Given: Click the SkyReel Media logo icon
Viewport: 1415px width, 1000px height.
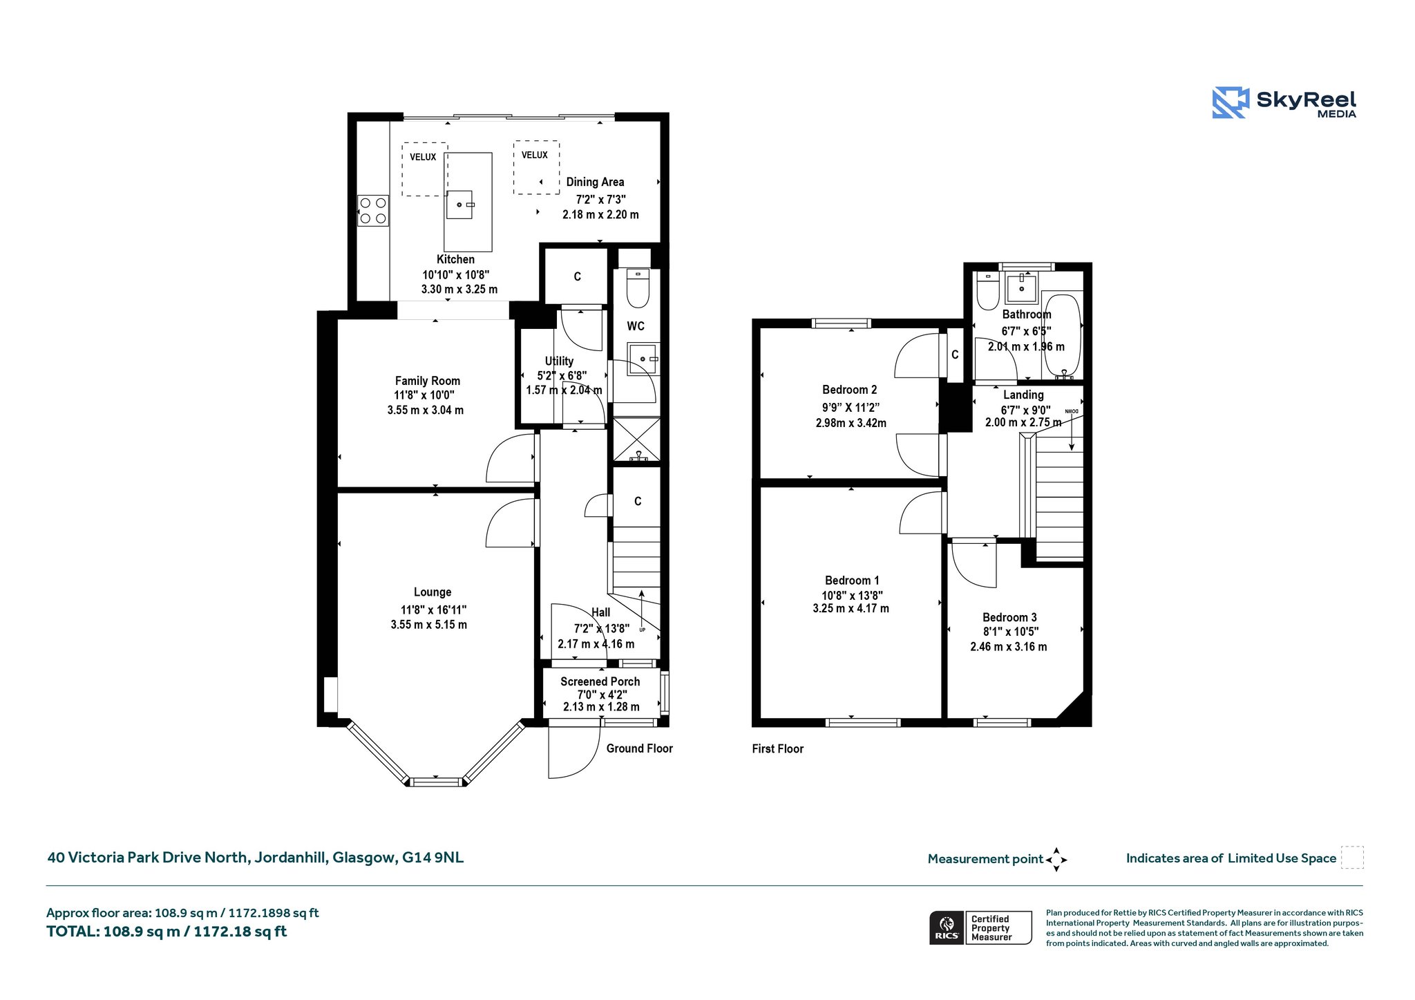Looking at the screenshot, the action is [x=1231, y=102].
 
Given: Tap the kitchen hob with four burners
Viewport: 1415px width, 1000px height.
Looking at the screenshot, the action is [x=373, y=210].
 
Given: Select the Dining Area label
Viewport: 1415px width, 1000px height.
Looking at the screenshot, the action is [x=595, y=182].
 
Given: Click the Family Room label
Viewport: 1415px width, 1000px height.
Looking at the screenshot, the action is [x=428, y=381].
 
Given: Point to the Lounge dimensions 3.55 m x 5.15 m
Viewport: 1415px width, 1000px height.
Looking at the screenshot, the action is [x=429, y=625].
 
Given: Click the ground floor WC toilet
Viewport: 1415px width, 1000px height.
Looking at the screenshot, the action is [x=638, y=287].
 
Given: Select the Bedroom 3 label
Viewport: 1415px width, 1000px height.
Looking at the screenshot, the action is [x=1009, y=617].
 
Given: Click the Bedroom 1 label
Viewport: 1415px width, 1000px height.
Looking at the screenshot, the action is [x=852, y=581].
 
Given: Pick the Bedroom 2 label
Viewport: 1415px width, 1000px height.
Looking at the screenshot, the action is [x=850, y=390].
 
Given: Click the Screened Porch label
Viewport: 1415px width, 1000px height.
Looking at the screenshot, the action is [x=600, y=681].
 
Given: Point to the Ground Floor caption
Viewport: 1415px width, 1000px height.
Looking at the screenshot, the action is [x=640, y=748].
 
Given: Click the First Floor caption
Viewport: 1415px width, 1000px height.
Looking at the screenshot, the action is [x=778, y=748].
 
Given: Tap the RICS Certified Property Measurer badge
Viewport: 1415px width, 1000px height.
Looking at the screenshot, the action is [x=980, y=927].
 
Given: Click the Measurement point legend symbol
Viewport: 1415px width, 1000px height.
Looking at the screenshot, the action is [x=1056, y=860].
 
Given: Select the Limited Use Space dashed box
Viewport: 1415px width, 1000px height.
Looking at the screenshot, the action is [x=1352, y=858].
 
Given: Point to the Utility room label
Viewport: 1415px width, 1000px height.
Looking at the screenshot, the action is [x=559, y=361].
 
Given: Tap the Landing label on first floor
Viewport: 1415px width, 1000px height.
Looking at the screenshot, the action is [x=1023, y=395].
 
